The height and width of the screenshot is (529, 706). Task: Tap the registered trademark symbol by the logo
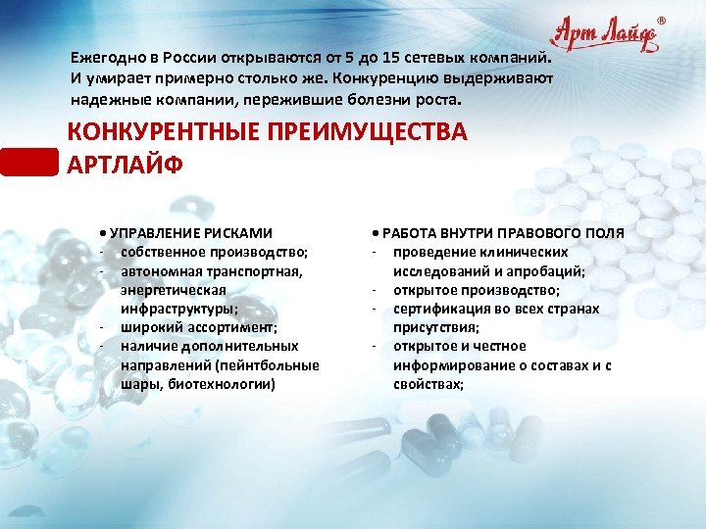click(660, 19)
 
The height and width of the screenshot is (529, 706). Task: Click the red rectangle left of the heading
click(29, 162)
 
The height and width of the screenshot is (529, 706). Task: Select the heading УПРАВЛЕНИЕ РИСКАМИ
click(191, 233)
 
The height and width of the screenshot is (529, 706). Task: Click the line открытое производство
click(477, 290)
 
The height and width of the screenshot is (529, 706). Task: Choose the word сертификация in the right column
click(436, 309)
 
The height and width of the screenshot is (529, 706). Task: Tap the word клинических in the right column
click(532, 252)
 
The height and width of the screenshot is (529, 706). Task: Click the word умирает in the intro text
click(119, 78)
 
